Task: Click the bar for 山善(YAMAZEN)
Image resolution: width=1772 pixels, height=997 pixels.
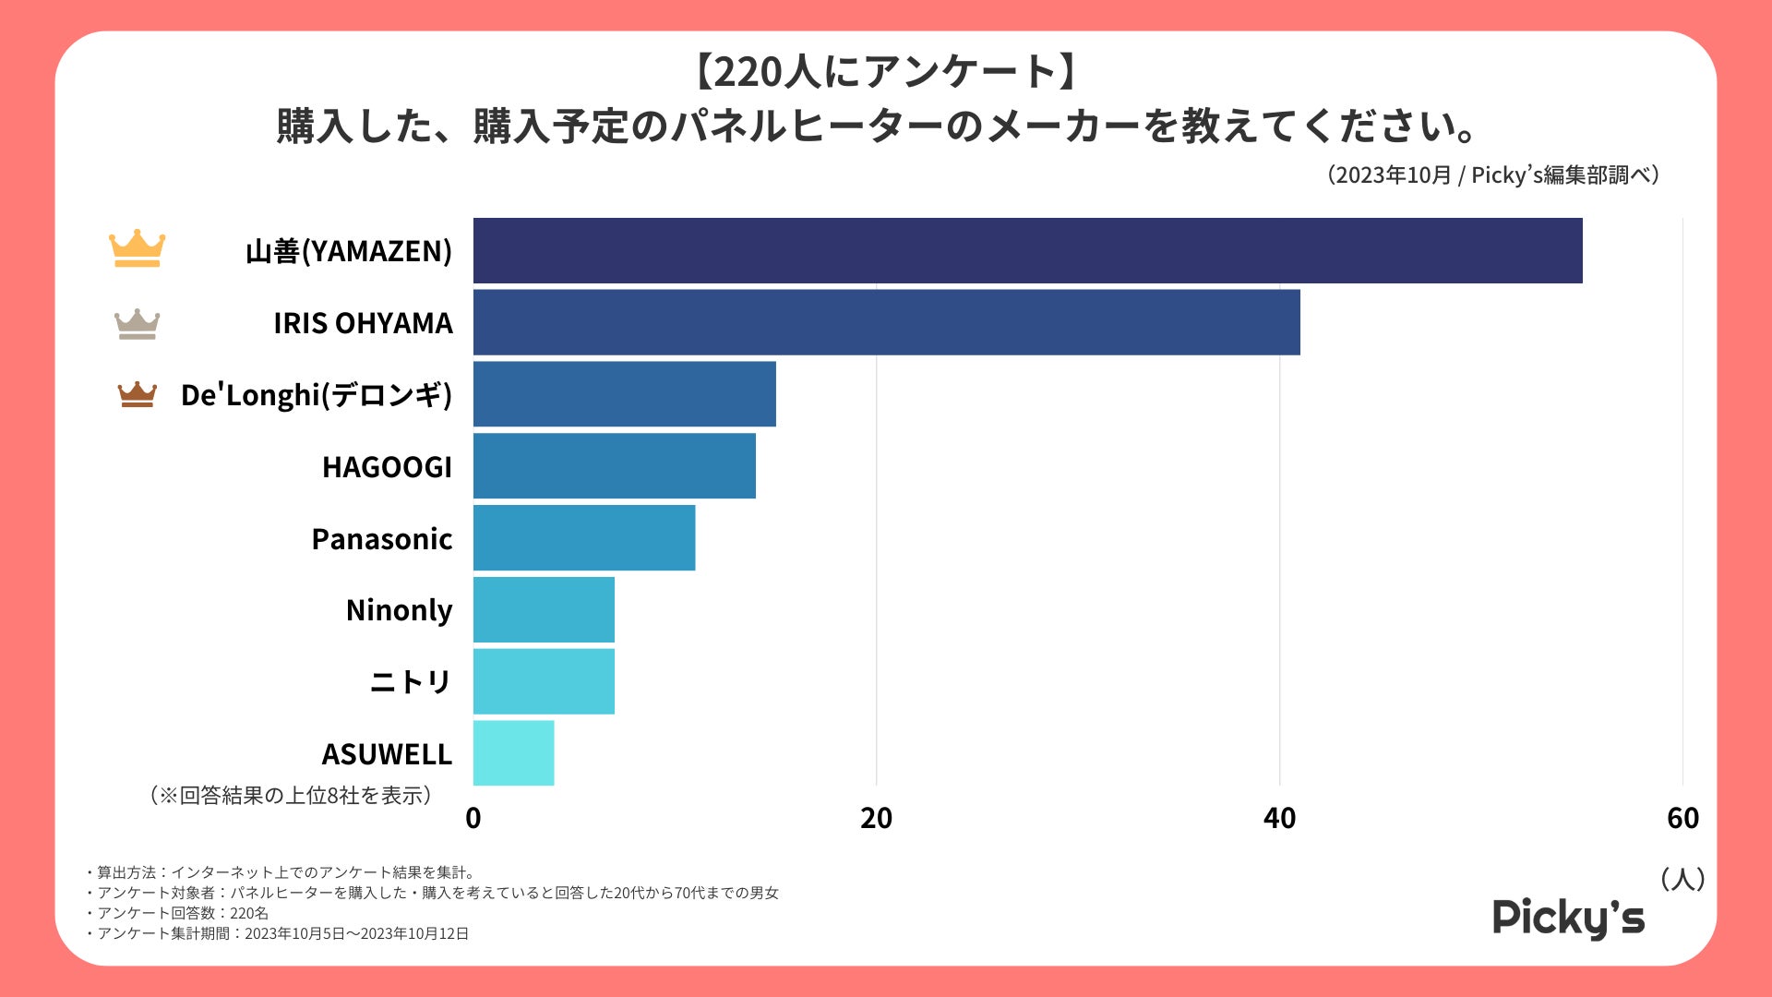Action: (1027, 250)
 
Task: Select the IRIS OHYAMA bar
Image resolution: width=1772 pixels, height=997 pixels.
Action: (886, 322)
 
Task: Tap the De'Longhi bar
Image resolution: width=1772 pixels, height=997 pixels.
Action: (624, 394)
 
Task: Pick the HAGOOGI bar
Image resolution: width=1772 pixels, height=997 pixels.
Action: (614, 466)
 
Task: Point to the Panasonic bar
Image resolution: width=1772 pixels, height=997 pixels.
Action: (583, 537)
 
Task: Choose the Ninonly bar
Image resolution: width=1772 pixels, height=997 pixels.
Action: (544, 609)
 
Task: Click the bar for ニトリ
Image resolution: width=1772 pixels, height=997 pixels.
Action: (544, 681)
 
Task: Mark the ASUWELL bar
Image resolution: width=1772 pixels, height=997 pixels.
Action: (513, 753)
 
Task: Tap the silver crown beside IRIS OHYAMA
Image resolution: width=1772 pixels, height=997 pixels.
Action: (137, 323)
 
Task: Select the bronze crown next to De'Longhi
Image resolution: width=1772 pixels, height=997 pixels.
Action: (137, 394)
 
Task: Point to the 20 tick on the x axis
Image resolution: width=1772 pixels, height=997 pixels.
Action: (876, 818)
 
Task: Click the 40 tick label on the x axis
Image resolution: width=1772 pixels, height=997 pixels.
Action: (1279, 818)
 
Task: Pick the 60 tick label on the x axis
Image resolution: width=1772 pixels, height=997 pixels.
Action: (1682, 818)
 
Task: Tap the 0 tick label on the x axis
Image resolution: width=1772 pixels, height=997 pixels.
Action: (473, 818)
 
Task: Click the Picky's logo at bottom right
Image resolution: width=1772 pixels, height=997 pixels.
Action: (1568, 918)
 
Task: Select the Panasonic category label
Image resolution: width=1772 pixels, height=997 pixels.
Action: (381, 539)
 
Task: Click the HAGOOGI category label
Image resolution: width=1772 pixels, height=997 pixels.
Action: (387, 467)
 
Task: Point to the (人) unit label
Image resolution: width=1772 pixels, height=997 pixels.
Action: (1682, 879)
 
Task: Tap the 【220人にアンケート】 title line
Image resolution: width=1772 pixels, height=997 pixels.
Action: (885, 72)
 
